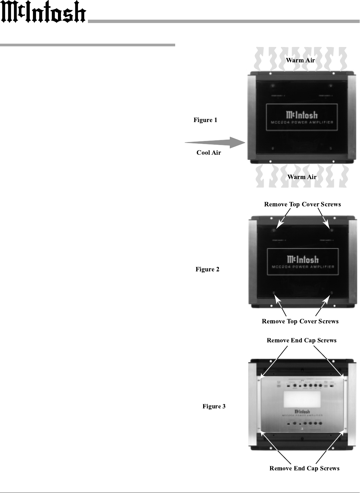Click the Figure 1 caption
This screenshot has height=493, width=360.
(205, 120)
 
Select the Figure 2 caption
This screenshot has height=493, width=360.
(207, 269)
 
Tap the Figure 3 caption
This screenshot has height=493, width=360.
(214, 406)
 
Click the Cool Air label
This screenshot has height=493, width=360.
(209, 153)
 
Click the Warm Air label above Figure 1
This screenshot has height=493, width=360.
(300, 60)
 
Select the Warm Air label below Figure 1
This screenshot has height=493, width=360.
(302, 177)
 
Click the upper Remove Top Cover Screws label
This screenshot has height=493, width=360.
(302, 204)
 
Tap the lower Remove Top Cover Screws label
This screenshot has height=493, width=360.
(300, 321)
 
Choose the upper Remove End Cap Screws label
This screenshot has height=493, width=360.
(302, 340)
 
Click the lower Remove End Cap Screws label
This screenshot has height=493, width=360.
(304, 468)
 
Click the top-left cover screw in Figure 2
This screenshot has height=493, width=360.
(274, 230)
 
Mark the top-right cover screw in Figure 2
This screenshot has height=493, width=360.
(331, 230)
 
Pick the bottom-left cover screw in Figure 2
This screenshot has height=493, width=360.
(274, 293)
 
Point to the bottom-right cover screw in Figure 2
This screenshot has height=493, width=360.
(331, 293)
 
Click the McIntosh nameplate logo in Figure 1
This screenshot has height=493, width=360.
(302, 115)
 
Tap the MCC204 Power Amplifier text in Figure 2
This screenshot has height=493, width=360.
(303, 267)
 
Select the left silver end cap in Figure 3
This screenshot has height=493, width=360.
(254, 405)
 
